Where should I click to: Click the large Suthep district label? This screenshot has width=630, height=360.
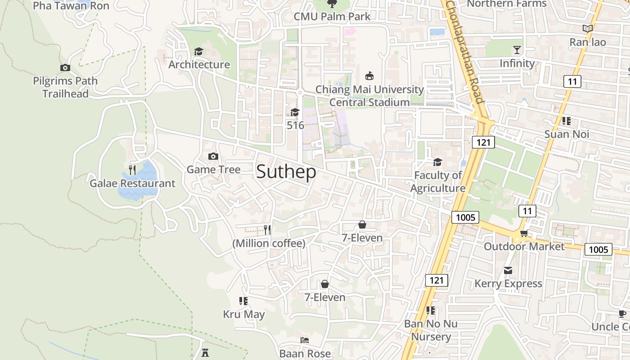click(286, 172)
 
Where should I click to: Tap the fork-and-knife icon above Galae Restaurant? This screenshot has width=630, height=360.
click(132, 170)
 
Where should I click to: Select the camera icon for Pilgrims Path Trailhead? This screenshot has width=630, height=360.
click(65, 68)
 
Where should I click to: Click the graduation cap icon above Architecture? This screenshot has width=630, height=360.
click(198, 51)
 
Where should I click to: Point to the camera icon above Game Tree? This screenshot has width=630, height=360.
click(213, 156)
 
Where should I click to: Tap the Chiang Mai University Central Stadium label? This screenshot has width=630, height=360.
click(369, 96)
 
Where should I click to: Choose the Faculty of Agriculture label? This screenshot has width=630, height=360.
click(438, 181)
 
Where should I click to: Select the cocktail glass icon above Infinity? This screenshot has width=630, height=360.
click(517, 49)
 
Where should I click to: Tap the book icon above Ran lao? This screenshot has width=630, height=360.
click(587, 29)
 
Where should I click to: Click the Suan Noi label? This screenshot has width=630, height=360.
click(567, 134)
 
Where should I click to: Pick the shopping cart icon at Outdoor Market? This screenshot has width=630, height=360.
click(524, 233)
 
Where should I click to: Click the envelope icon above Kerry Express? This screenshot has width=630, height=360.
click(508, 270)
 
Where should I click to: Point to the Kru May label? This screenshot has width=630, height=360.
click(244, 314)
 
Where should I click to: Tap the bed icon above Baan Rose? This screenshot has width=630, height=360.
click(305, 340)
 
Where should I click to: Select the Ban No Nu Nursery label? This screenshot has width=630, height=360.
click(431, 330)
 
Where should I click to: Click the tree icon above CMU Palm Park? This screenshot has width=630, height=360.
click(332, 4)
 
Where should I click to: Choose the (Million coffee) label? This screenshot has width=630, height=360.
click(269, 243)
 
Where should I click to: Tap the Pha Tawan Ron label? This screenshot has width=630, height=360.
click(71, 6)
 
